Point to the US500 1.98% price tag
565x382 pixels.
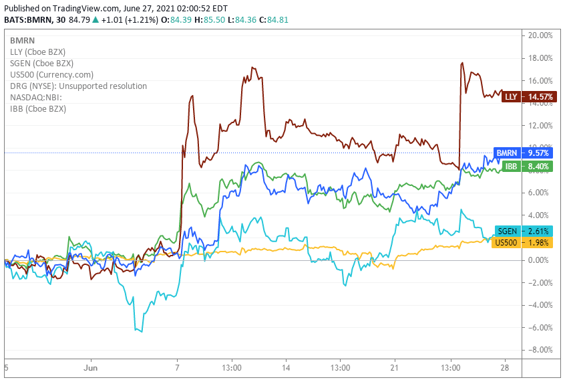523,242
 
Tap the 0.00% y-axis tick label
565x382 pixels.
541,260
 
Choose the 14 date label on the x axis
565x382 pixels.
286,368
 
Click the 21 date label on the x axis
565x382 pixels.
395,368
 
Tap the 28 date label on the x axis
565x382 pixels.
505,368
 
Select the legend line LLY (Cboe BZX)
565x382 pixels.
37,52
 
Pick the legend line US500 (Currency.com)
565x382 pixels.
51,74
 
